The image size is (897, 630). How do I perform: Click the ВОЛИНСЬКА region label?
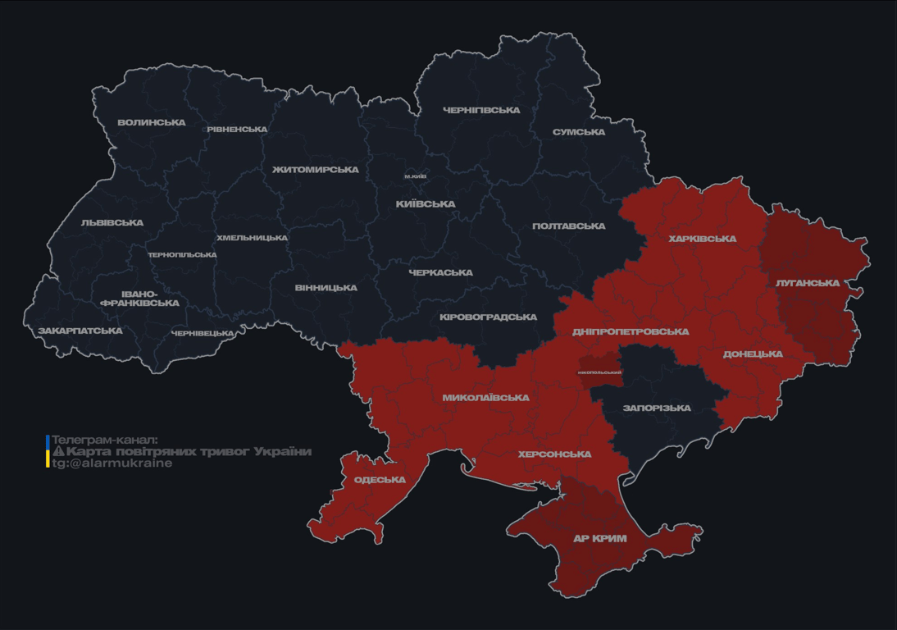152,123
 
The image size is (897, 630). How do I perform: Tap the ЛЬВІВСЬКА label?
112,223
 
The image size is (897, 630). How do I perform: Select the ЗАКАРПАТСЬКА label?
80,331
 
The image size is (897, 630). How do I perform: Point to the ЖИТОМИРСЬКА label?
316,170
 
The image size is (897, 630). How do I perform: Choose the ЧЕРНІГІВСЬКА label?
481,111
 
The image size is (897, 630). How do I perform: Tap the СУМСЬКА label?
579,132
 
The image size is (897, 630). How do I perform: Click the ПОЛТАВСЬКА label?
569,226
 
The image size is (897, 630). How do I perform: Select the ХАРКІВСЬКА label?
703,240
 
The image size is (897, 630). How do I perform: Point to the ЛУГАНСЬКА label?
808,283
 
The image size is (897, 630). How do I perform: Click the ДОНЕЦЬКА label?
753,354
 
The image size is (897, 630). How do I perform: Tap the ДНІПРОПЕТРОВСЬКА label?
631,332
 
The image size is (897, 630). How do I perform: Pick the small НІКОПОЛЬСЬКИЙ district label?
599,372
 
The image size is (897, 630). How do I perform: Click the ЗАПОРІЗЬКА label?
657,408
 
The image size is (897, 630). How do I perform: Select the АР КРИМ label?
600,539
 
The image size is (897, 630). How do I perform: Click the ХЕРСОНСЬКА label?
555,454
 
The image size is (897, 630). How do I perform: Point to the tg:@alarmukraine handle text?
112,463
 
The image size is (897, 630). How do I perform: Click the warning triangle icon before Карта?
58,452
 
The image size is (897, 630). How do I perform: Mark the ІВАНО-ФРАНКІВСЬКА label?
139,299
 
